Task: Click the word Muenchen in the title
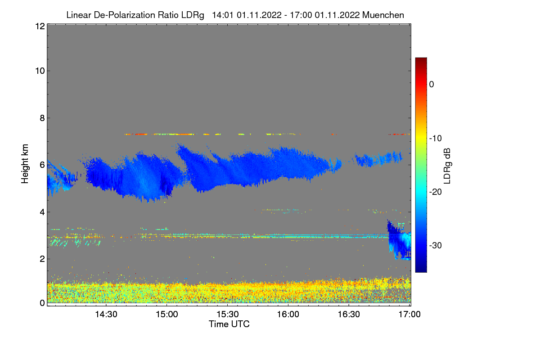tap(383, 15)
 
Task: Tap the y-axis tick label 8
tap(42, 118)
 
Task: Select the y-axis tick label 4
tap(42, 212)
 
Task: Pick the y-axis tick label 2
tap(42, 259)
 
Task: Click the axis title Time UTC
tap(229, 324)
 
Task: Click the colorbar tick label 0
tap(432, 85)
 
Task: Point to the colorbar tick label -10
tap(436, 138)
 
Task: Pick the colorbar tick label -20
tap(436, 192)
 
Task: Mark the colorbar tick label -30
tap(436, 246)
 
